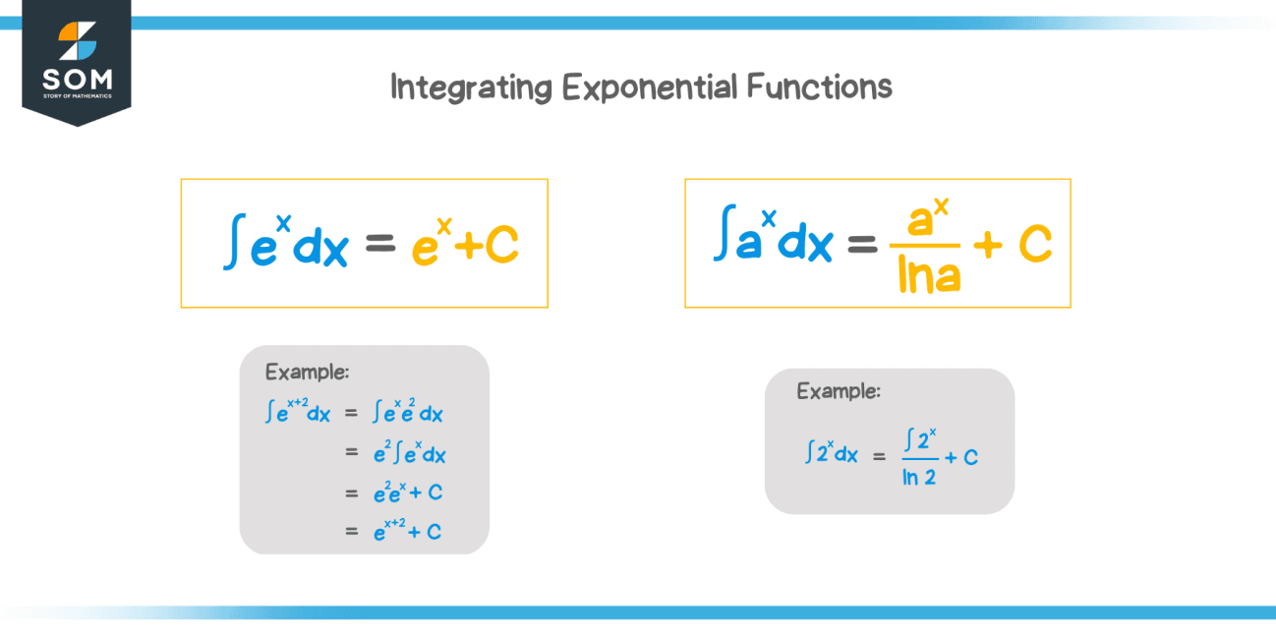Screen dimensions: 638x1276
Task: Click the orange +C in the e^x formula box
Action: click(x=489, y=248)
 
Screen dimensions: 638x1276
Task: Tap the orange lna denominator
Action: click(x=930, y=278)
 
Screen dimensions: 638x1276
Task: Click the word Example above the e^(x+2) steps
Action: click(x=308, y=373)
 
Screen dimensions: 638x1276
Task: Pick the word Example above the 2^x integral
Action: click(x=839, y=391)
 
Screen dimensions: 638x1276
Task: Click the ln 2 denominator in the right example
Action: click(x=918, y=479)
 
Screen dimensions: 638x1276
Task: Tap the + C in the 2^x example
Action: click(x=960, y=457)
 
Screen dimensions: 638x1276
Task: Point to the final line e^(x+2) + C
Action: click(x=407, y=531)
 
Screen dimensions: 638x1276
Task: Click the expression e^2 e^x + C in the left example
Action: click(x=408, y=493)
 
